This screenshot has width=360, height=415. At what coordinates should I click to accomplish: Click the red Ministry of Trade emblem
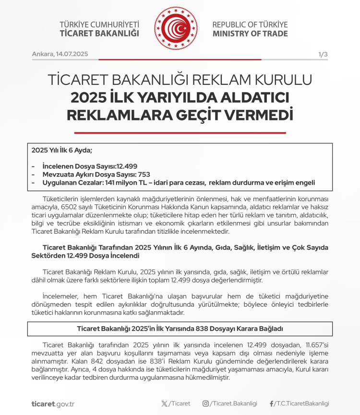pyautogui.click(x=176, y=28)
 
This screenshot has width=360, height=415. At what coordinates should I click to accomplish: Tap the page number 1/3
pyautogui.click(x=323, y=54)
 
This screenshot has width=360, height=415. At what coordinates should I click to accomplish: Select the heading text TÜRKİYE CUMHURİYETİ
pyautogui.click(x=99, y=24)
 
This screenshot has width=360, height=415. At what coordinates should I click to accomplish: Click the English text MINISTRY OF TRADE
pyautogui.click(x=250, y=34)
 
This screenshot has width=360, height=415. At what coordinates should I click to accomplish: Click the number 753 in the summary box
pyautogui.click(x=144, y=175)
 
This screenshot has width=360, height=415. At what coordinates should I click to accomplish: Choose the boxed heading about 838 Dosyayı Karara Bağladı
pyautogui.click(x=180, y=329)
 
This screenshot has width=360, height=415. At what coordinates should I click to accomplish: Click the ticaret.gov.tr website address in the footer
pyautogui.click(x=53, y=403)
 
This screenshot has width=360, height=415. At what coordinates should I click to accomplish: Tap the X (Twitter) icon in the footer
pyautogui.click(x=165, y=403)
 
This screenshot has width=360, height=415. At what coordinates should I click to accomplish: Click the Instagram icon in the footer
pyautogui.click(x=205, y=403)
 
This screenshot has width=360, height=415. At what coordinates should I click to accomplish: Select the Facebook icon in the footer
pyautogui.click(x=272, y=403)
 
